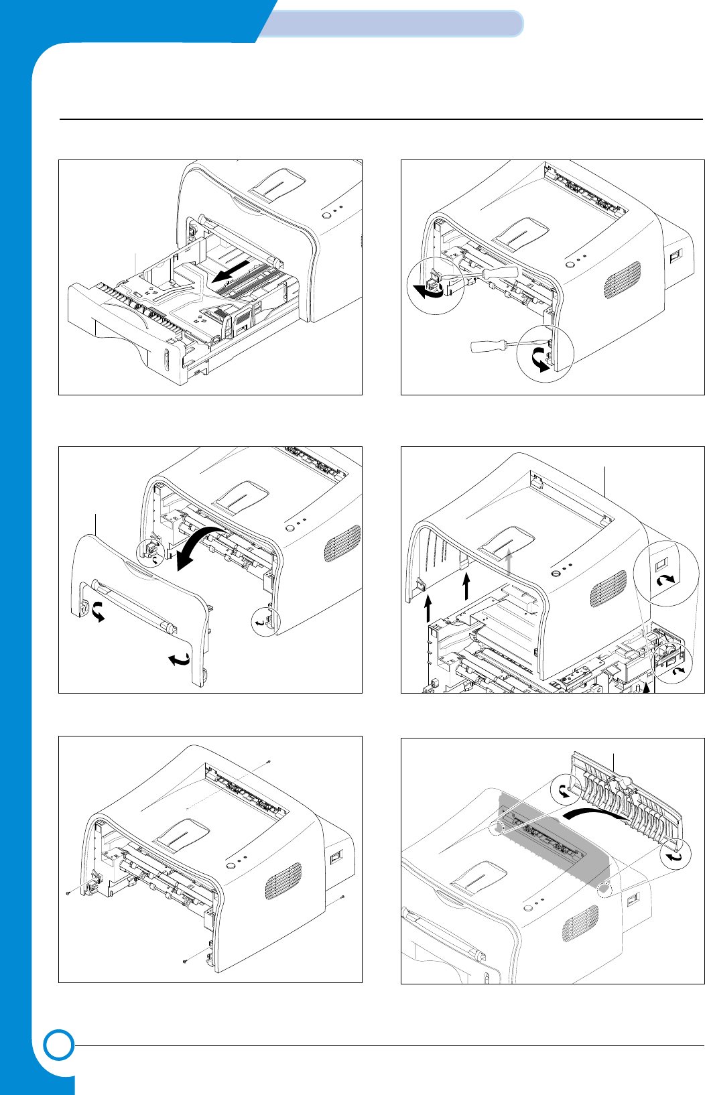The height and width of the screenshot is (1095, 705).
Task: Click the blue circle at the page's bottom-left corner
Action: tap(59, 1046)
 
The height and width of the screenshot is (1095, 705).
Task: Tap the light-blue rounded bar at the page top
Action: tap(391, 24)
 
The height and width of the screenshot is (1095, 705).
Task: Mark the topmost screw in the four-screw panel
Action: tap(269, 761)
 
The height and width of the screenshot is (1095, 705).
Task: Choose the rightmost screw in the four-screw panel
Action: tap(342, 897)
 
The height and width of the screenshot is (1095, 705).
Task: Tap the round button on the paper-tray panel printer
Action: tap(326, 216)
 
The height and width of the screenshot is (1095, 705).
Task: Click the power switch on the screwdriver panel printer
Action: tap(675, 255)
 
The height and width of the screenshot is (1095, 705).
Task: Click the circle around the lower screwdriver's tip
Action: tap(546, 353)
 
